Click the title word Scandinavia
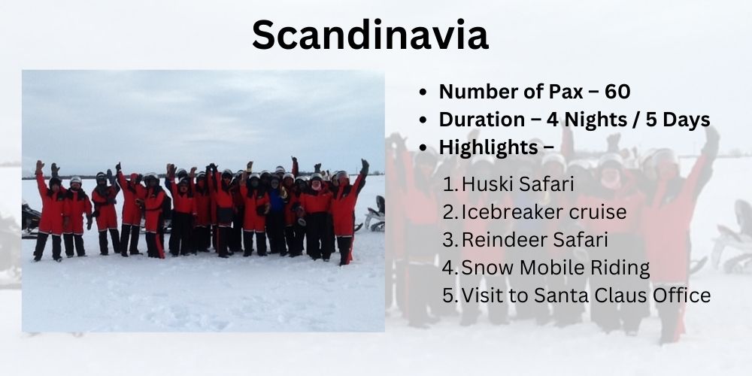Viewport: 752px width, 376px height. (x=370, y=35)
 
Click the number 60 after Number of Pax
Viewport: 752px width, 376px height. (x=617, y=92)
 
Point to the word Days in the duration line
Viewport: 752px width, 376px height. (x=687, y=120)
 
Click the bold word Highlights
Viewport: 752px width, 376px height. (x=488, y=147)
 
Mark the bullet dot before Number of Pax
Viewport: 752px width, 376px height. (x=422, y=92)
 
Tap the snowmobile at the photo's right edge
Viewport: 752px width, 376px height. (x=374, y=214)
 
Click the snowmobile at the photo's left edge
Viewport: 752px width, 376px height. (x=31, y=220)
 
